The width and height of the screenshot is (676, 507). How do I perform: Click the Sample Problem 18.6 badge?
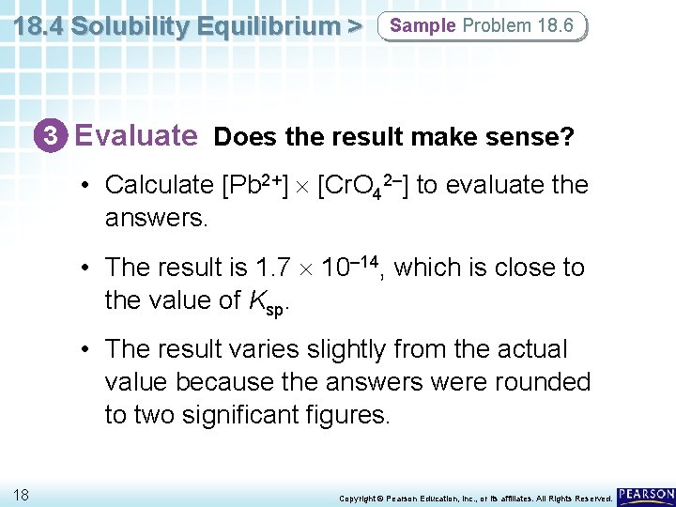(481, 26)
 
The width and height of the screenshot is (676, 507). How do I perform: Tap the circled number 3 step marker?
(57, 137)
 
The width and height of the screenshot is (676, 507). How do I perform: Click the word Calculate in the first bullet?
(159, 185)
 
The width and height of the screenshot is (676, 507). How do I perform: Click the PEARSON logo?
(645, 495)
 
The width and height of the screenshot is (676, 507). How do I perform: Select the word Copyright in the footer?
(356, 498)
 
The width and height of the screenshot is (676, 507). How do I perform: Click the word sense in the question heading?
(527, 138)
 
